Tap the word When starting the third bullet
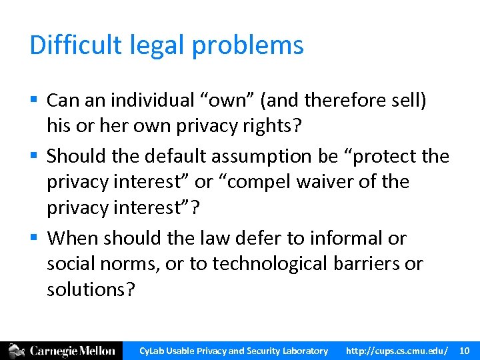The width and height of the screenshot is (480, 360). pos(71,238)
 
